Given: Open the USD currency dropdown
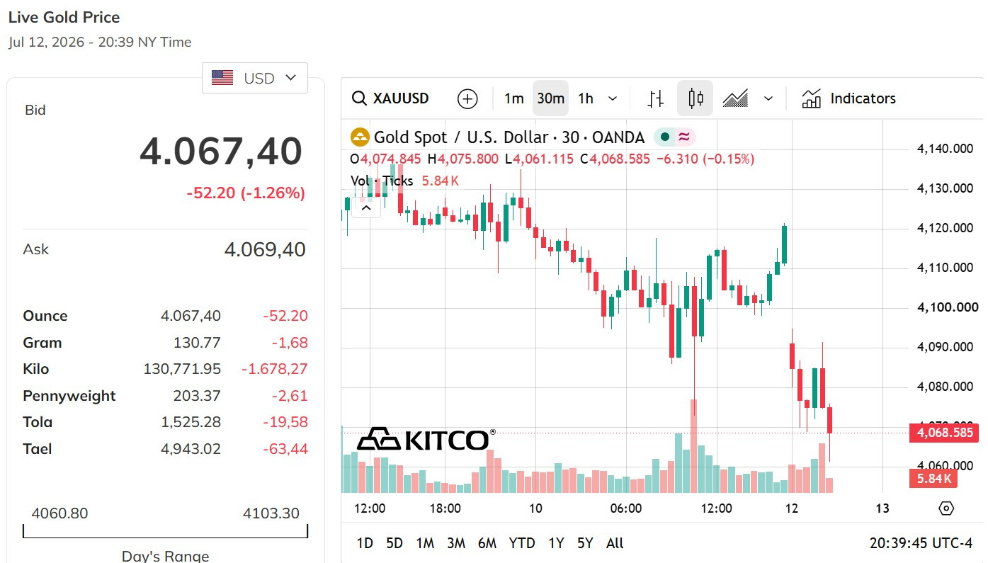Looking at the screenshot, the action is tap(254, 78).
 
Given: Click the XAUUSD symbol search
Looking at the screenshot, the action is tap(390, 98).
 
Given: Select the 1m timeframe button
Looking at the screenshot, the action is tap(514, 98).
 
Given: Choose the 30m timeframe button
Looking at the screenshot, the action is tap(550, 98).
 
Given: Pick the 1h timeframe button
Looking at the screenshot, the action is tap(586, 98).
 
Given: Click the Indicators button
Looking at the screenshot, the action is tap(848, 98).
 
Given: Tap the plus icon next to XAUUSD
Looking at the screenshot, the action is tap(467, 98).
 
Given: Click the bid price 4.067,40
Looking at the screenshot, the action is tap(221, 152).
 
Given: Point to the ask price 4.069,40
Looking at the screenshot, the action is tap(265, 249).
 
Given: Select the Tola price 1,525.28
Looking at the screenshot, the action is tap(191, 422).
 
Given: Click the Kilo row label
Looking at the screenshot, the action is tap(35, 368).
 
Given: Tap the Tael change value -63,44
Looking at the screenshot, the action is tap(285, 449).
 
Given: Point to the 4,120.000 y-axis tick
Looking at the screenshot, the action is tap(945, 228).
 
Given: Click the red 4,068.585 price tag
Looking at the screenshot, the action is tap(944, 433).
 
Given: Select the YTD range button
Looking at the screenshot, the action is tap(522, 543).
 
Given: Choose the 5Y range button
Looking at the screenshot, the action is tap(585, 543).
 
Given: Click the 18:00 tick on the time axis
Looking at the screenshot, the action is tap(445, 508).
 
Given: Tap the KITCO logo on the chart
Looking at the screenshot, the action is tap(426, 439).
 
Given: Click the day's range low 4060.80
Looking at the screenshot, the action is tap(59, 513).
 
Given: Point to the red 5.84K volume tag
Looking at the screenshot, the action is tap(933, 478).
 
